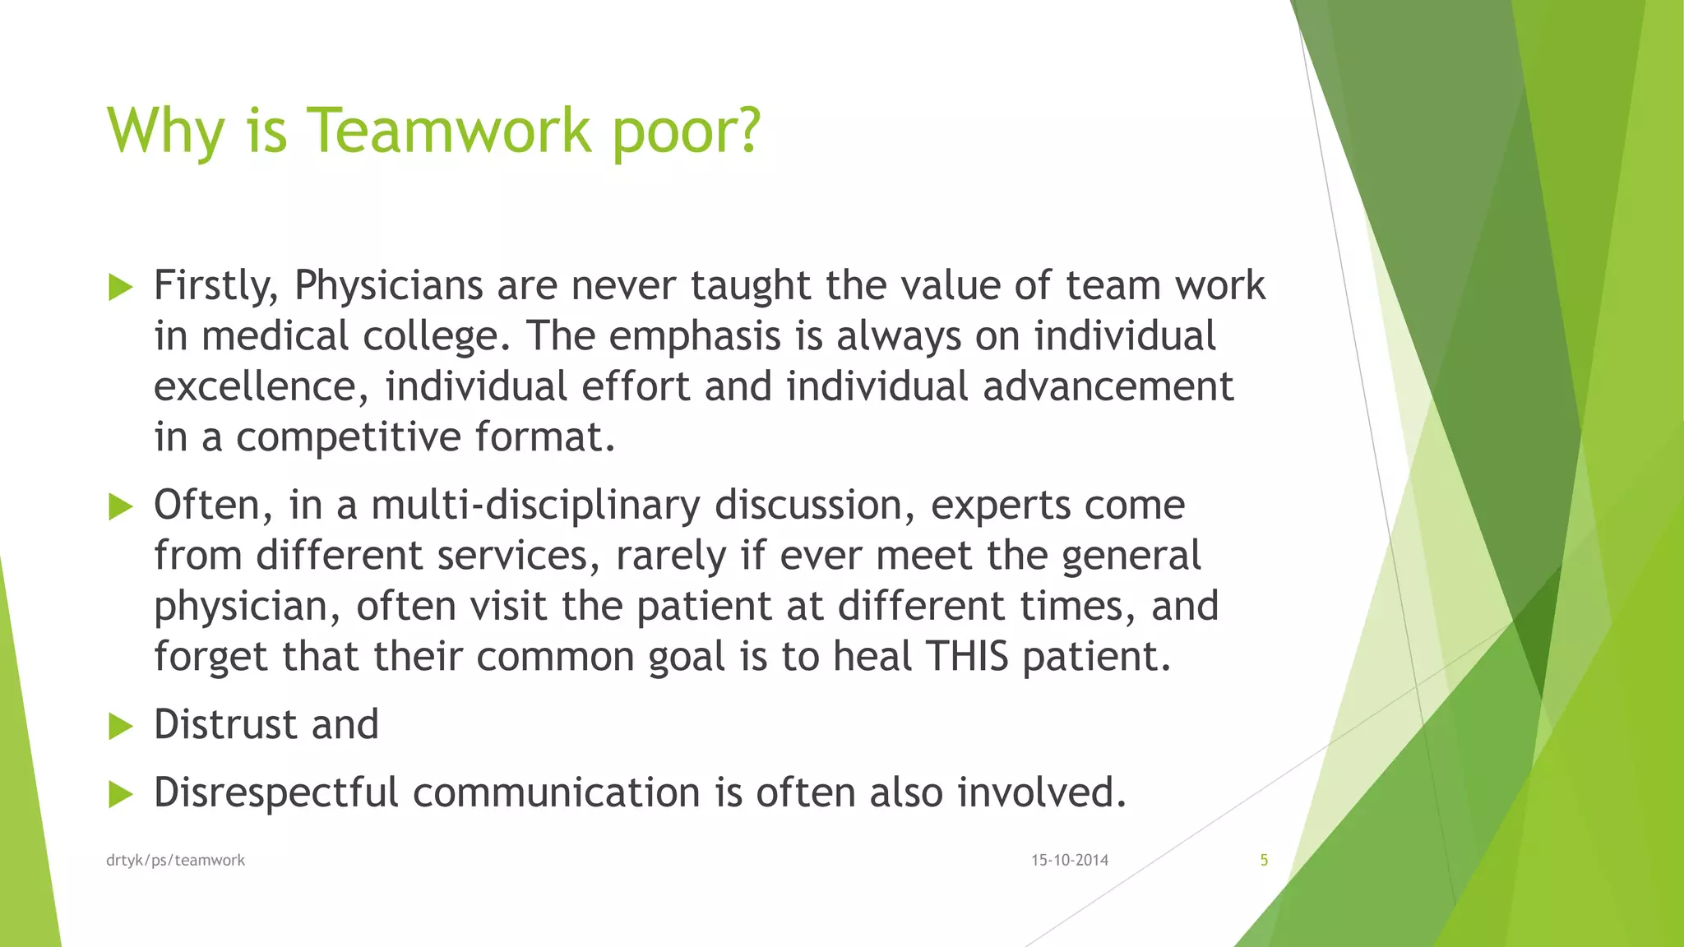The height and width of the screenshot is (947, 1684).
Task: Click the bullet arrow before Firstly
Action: click(120, 288)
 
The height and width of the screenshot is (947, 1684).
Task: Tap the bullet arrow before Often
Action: click(120, 507)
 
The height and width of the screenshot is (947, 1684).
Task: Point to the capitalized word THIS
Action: click(967, 657)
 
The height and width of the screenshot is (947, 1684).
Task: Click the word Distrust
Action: click(224, 725)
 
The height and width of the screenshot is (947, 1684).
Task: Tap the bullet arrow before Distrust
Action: click(120, 727)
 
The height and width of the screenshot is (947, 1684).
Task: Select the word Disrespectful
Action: click(275, 793)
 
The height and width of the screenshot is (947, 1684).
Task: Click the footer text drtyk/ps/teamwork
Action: click(175, 861)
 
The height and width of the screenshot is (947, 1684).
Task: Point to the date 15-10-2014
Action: click(1070, 861)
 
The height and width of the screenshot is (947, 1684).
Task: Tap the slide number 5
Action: click(1264, 861)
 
